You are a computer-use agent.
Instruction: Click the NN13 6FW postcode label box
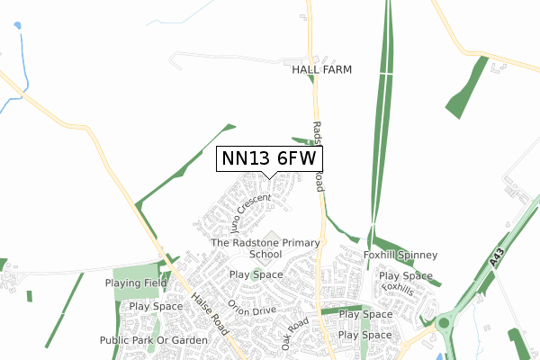click(270, 158)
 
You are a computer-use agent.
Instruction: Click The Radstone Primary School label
click(265, 248)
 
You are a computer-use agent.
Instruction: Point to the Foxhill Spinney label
click(400, 256)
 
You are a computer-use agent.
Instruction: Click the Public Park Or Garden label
click(154, 340)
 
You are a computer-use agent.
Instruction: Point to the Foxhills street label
click(397, 289)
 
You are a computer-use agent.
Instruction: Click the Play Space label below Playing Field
click(157, 307)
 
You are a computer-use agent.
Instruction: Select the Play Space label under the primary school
click(256, 274)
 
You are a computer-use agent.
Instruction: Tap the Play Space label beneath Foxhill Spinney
click(406, 275)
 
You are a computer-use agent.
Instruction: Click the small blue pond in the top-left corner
click(17, 26)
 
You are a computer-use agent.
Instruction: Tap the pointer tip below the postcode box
click(270, 177)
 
